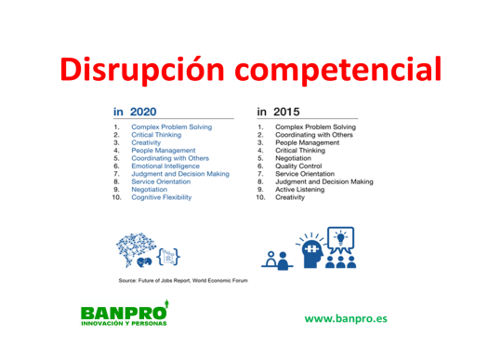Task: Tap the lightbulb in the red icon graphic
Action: (x=345, y=237)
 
